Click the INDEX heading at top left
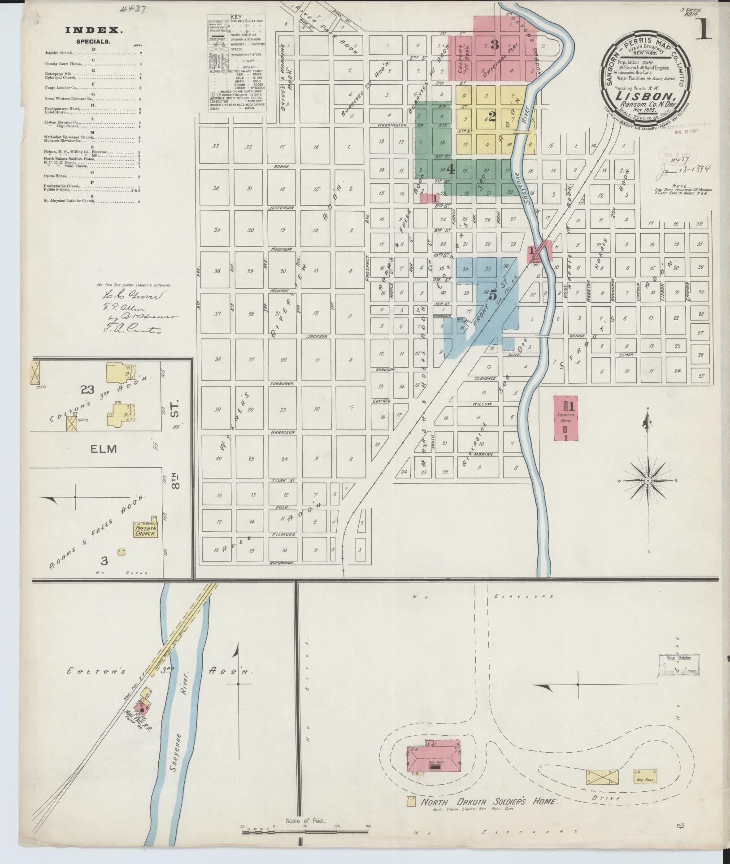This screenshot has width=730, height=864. coord(94,30)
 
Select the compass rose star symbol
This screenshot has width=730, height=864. coord(647,480)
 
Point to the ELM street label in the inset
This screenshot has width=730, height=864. coord(104,448)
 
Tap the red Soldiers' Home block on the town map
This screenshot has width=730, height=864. coord(566,418)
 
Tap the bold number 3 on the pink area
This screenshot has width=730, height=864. coord(495,44)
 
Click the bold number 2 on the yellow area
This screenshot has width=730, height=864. coord(492,117)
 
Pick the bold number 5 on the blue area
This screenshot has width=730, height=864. coord(493,295)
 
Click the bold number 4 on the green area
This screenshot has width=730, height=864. coord(451,169)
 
